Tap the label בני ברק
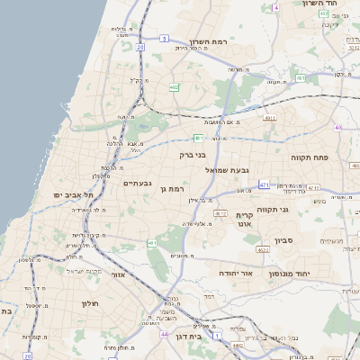tap(181, 152)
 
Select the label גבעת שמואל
tap(226, 169)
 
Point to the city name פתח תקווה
tap(309, 157)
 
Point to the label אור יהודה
tap(236, 272)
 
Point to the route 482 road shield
tap(174, 87)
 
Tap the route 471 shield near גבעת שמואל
tap(263, 184)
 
